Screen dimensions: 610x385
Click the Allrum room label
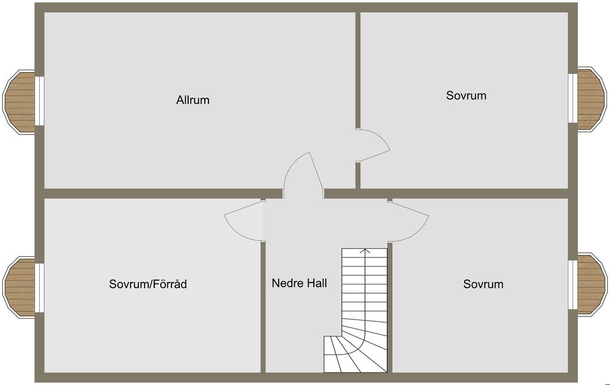(192, 100)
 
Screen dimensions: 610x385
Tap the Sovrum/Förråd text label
(148, 284)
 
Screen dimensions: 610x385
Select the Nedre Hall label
(299, 283)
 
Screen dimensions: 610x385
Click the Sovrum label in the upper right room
(466, 95)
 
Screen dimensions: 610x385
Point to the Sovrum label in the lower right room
(483, 284)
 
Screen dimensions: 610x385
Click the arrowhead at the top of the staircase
(365, 251)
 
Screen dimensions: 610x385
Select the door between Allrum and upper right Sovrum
(372, 145)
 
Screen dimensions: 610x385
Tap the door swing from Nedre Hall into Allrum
(303, 175)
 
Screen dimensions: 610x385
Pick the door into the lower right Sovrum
(408, 221)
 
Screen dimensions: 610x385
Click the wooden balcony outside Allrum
(20, 101)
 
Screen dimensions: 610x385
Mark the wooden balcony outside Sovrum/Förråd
(20, 287)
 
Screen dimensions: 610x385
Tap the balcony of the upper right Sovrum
(592, 100)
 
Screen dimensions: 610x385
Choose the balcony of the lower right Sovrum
(592, 284)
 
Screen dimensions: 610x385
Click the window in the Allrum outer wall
(40, 101)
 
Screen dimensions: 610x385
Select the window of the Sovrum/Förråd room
(40, 288)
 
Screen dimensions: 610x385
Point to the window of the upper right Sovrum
(572, 98)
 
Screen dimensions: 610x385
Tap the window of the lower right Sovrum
(572, 285)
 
